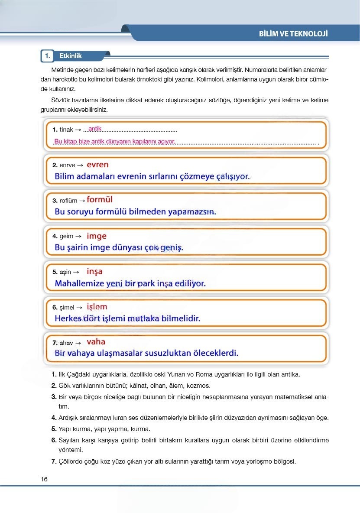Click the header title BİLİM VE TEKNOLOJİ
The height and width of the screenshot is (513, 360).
pos(293,34)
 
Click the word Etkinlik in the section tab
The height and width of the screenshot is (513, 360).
pos(70,56)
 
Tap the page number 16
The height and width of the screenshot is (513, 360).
pos(44,479)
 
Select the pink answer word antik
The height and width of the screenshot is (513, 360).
pos(94,129)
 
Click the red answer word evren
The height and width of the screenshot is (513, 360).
pos(97,165)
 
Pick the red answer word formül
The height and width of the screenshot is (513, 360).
pos(99,200)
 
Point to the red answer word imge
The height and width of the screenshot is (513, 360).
pos(96,236)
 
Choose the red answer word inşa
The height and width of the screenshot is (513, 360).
pos(94,272)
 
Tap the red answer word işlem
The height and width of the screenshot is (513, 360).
pos(97,307)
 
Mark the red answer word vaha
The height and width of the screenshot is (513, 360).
pos(96,342)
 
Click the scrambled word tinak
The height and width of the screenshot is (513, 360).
pos(66,130)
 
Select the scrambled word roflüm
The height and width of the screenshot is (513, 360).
pos(68,201)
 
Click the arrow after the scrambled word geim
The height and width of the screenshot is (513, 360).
pos(78,237)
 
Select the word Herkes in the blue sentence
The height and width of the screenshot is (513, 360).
pos(70,318)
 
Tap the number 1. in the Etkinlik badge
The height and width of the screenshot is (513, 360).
pos(48,56)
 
